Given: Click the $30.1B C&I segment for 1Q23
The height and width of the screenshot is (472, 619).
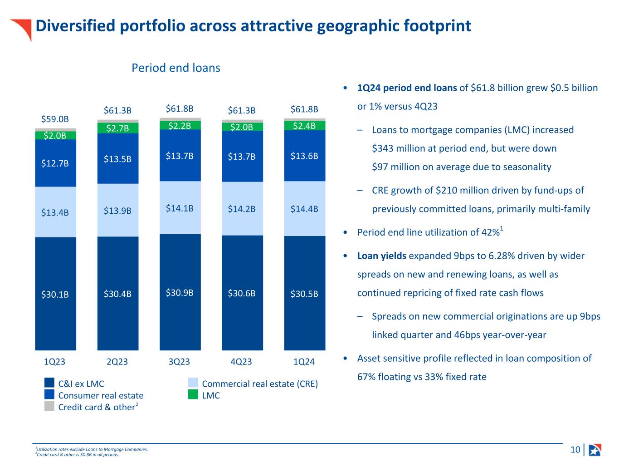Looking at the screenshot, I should pos(55,294).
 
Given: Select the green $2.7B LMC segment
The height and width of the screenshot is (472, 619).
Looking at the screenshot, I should pos(117,128).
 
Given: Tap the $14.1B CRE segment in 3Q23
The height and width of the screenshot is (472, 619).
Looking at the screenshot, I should pos(180,208).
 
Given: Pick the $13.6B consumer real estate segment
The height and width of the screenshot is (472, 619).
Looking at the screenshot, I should pos(304,156).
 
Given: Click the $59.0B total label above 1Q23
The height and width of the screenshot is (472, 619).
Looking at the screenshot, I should pos(55,119).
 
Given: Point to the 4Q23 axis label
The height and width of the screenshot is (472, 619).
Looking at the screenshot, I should pos(241,362).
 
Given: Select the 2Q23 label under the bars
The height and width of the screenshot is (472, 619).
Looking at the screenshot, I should pos(117,362).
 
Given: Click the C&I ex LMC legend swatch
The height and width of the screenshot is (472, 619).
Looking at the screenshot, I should pos(49,383).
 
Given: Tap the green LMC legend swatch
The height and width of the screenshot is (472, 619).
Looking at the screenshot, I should pos(193,395).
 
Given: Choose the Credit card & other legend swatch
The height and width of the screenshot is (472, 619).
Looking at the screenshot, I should pos(49,406).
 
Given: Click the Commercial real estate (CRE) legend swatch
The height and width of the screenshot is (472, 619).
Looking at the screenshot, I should pos(193,383).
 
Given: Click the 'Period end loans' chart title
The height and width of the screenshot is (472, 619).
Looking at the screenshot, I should pos(175,68).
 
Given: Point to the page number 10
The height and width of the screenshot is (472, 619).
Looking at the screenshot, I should pos(575,449).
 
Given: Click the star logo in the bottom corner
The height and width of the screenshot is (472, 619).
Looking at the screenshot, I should pos(595,450).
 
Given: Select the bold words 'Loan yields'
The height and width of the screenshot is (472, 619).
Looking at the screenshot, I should pos(382,256).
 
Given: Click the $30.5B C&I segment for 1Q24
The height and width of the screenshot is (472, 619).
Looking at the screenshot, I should pos(304,294).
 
